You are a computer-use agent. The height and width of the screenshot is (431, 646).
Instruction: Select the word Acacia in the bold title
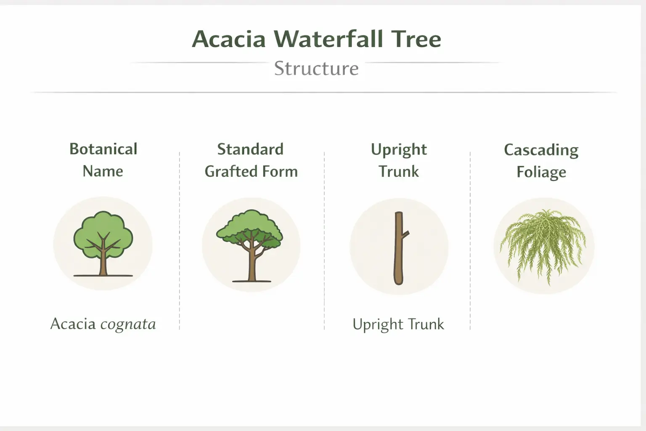[x=229, y=39]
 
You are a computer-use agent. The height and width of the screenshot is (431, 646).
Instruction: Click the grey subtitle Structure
[x=316, y=69]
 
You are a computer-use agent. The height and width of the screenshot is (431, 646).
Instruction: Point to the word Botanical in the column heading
[x=103, y=149]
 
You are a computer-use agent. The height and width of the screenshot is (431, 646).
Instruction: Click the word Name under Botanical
[x=103, y=171]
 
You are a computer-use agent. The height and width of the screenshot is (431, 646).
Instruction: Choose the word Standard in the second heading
[x=250, y=149]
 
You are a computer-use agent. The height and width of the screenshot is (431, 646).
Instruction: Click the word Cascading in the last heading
[x=541, y=150]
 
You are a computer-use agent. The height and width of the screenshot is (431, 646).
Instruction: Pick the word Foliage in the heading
[x=541, y=173]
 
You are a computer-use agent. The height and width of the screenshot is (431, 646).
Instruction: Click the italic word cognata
[x=128, y=324]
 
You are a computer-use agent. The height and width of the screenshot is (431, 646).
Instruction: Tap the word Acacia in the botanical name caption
[x=73, y=324]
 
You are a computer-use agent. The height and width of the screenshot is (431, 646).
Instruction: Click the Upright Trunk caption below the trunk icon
[x=398, y=325]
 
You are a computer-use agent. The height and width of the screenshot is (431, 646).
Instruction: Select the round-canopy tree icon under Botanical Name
[x=103, y=244]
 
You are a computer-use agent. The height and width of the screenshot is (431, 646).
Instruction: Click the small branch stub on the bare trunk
[x=406, y=234]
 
